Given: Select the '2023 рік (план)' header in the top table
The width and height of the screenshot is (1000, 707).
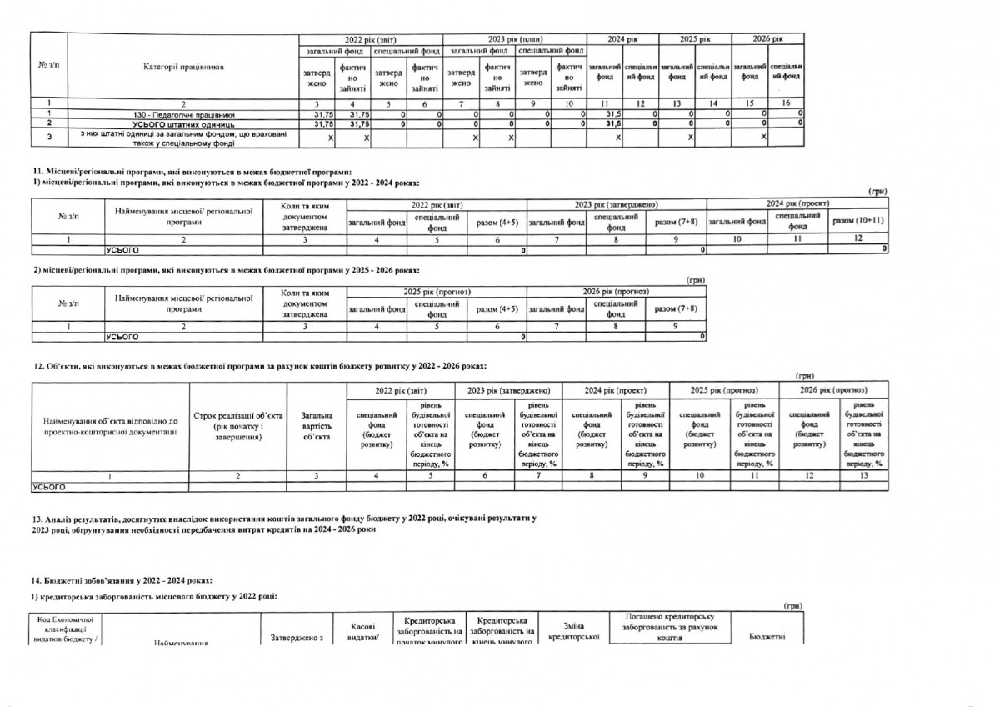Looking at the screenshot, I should (x=514, y=39).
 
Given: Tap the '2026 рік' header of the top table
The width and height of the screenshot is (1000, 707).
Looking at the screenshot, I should (x=767, y=39).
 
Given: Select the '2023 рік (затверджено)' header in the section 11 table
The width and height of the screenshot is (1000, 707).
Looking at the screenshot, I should (x=616, y=204).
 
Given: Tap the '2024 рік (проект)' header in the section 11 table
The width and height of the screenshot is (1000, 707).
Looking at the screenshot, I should (x=797, y=204).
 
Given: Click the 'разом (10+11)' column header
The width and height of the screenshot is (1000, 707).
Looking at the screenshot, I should (x=858, y=220).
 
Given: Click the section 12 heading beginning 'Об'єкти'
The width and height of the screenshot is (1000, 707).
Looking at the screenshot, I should (x=258, y=366).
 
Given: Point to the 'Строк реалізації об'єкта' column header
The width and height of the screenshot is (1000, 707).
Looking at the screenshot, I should (x=238, y=425).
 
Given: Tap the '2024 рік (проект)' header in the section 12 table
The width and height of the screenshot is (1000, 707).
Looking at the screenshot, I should (x=616, y=390).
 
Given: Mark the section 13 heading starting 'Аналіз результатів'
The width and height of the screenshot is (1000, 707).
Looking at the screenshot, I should (x=283, y=524).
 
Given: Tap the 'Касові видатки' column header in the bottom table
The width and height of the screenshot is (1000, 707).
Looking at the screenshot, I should (x=362, y=632).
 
